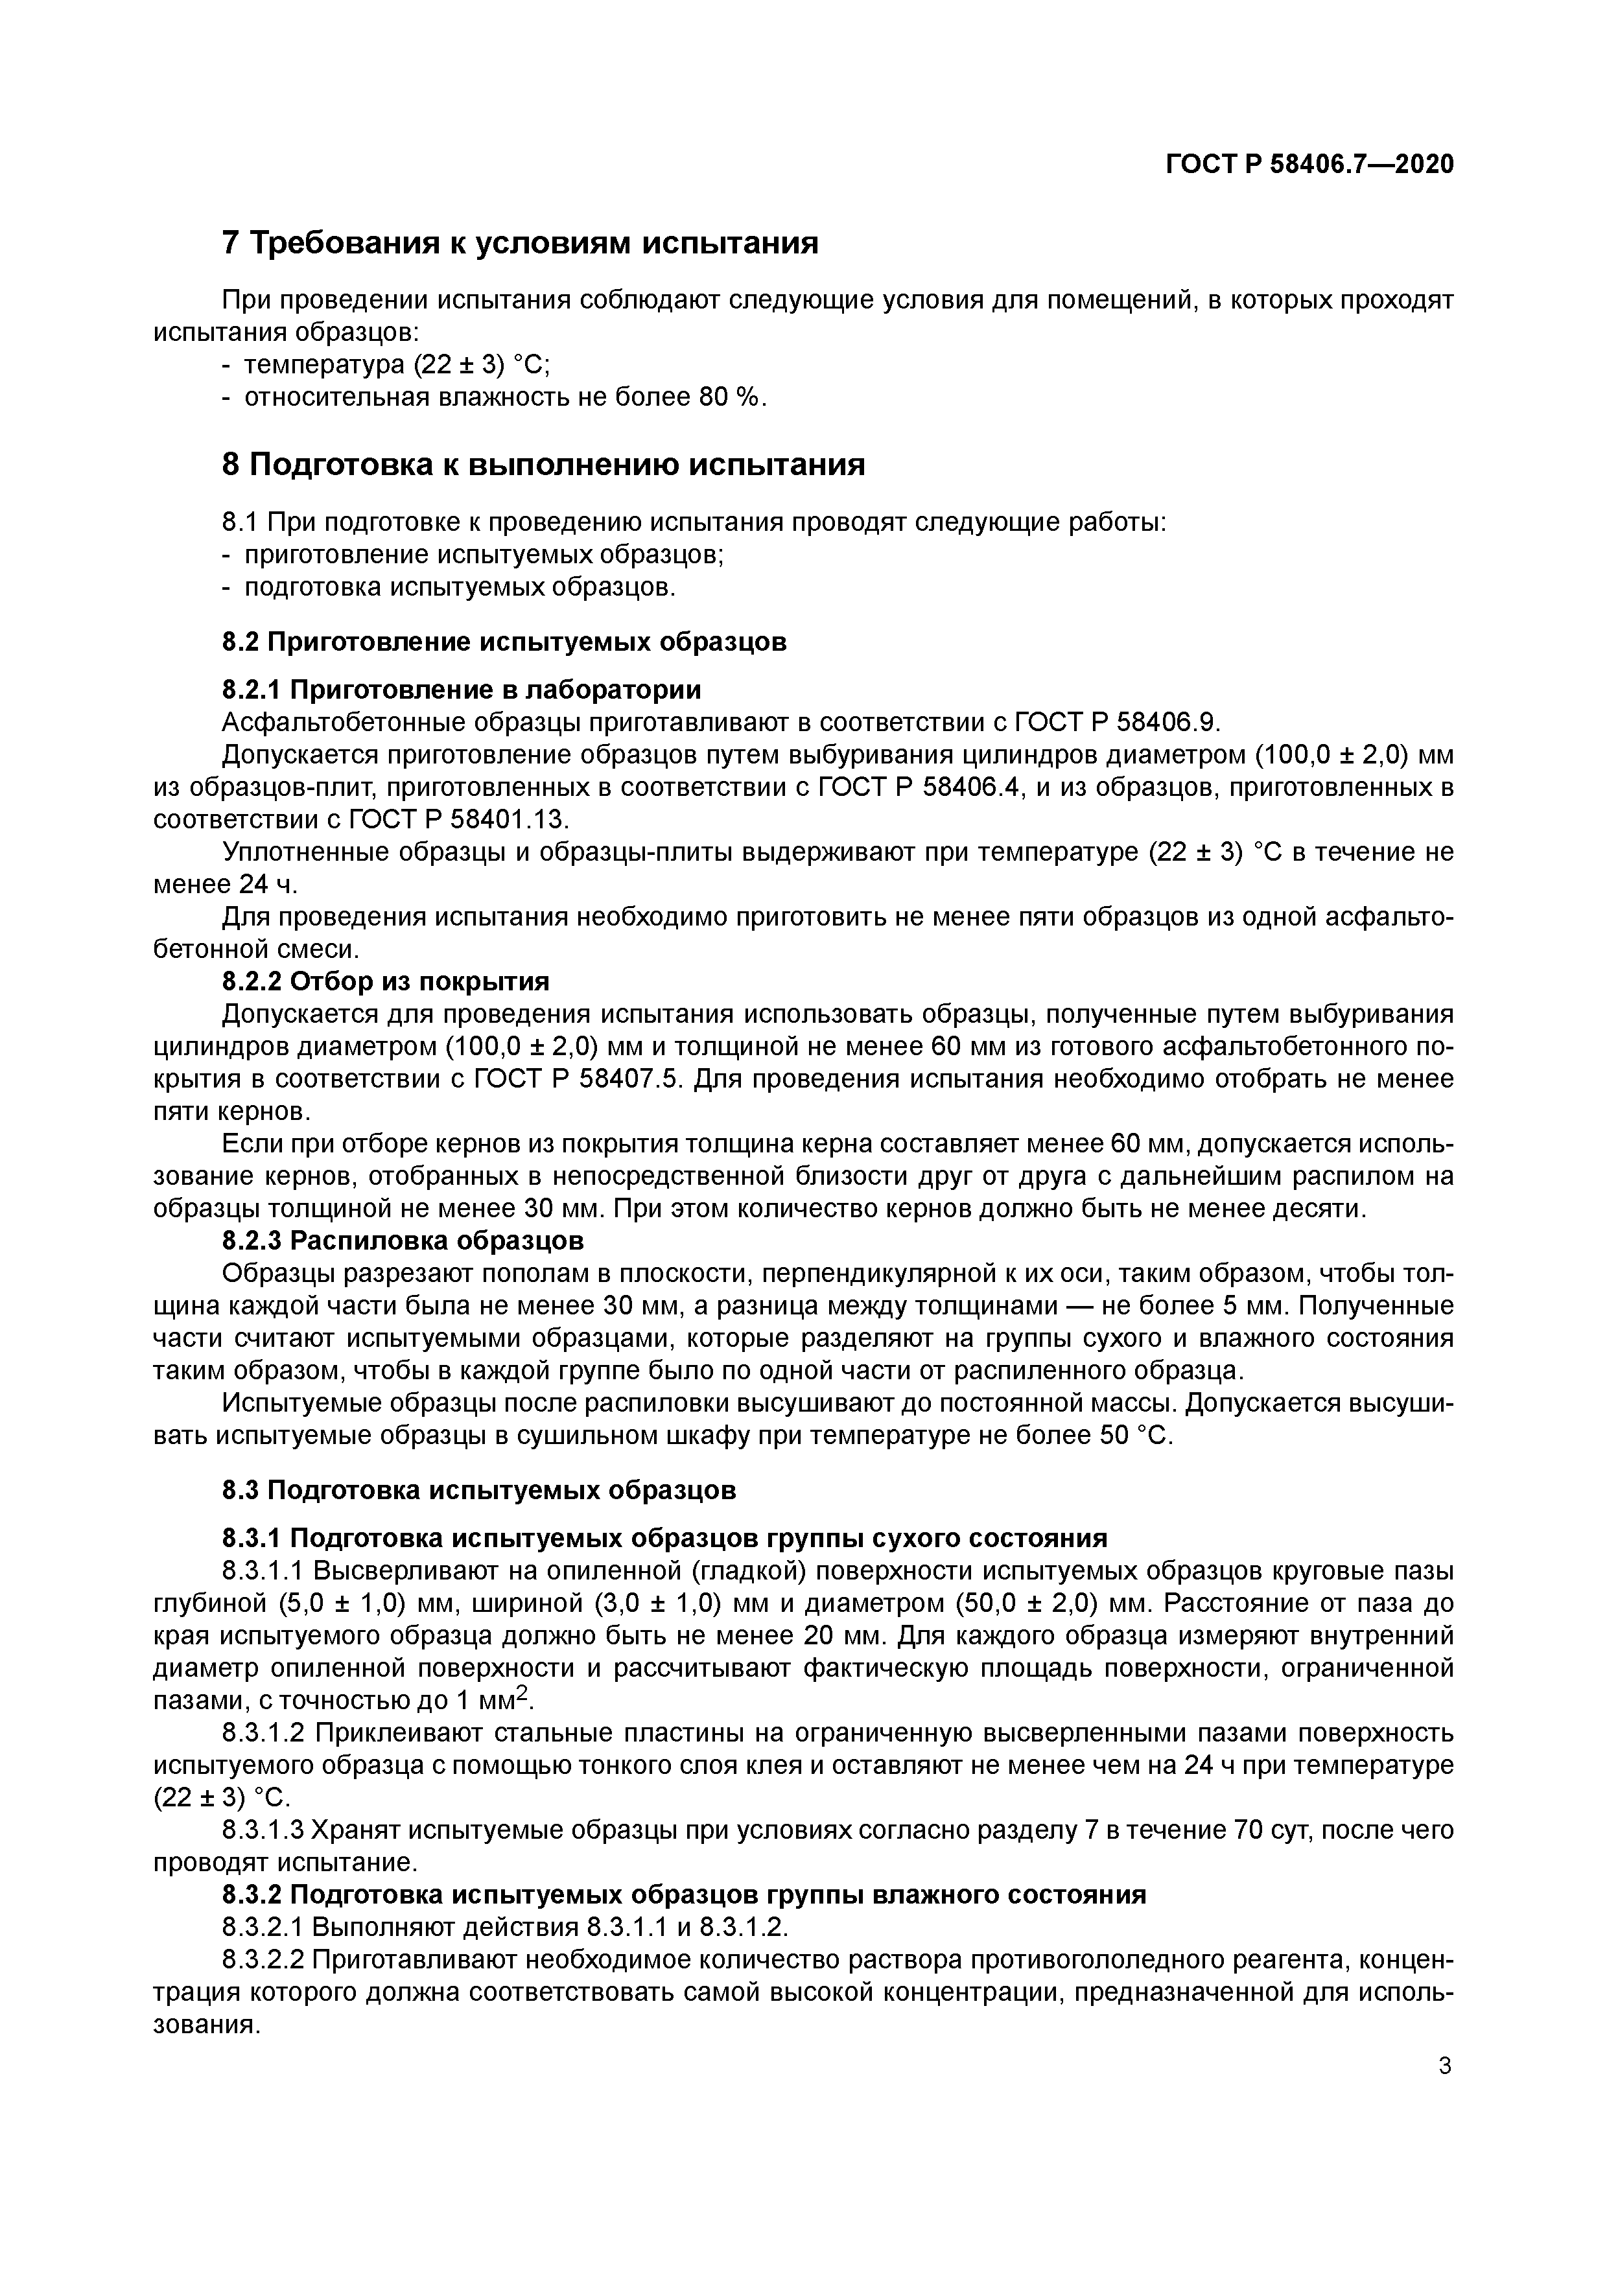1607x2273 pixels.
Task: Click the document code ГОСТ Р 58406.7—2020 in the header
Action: click(1309, 165)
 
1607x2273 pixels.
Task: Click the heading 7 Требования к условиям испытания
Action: click(520, 242)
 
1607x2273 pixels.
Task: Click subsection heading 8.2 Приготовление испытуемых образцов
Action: click(504, 642)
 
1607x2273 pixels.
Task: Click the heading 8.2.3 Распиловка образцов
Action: click(402, 1241)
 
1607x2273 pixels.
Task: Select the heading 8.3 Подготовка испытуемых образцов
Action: click(478, 1490)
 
